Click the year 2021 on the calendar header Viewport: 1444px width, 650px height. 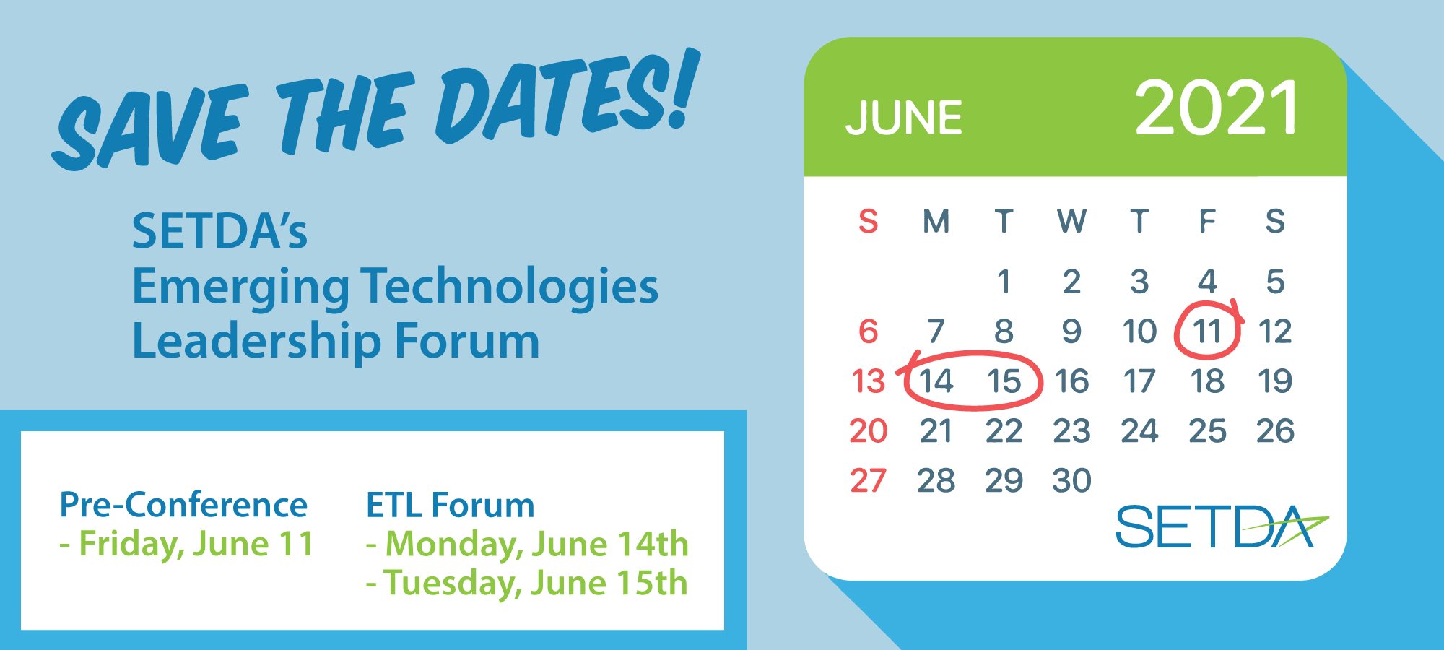1217,109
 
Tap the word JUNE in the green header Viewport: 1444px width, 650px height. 904,118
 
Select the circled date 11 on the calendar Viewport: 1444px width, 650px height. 1207,331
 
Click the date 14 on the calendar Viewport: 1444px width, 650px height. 936,381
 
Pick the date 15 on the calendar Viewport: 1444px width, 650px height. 1004,381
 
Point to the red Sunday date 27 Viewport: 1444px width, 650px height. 868,481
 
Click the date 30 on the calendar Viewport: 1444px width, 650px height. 1071,481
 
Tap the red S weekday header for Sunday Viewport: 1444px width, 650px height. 868,222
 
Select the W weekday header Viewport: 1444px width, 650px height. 1071,222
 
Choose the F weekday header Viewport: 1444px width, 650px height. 1207,222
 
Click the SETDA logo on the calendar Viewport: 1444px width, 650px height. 1220,526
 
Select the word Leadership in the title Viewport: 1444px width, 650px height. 257,342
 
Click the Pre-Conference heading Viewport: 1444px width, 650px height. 183,505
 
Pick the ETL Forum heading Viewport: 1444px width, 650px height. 450,505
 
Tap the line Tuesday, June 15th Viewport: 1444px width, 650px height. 527,584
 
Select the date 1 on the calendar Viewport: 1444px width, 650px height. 1004,282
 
